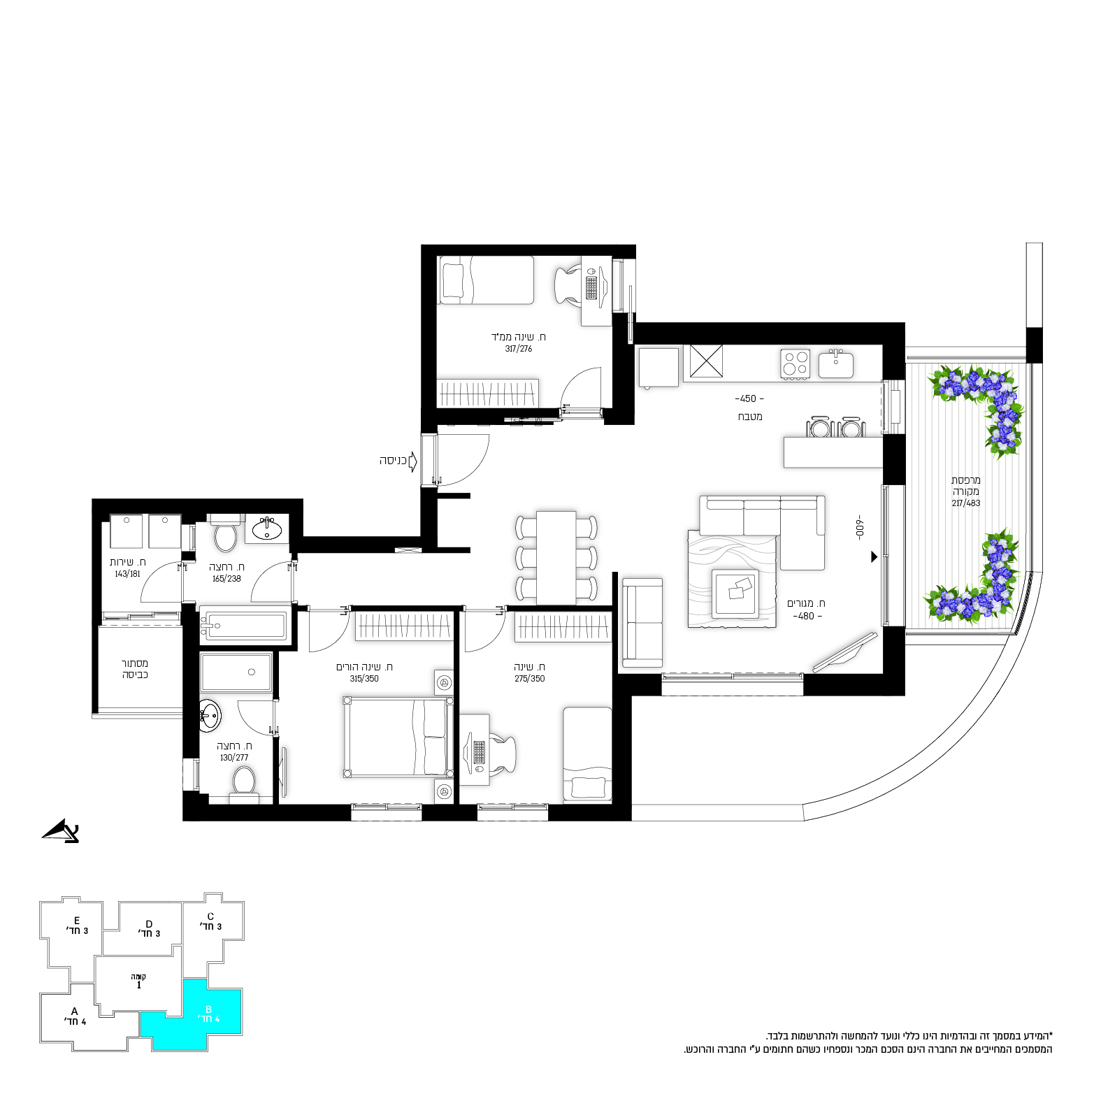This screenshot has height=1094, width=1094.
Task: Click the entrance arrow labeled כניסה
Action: (412, 461)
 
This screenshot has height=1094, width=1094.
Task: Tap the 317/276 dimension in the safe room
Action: (519, 349)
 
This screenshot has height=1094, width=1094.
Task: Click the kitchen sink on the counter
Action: (836, 364)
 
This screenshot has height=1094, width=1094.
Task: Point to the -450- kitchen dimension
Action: (749, 399)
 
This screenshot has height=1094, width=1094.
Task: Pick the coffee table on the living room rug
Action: (735, 592)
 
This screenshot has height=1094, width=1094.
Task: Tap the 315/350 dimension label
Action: (364, 679)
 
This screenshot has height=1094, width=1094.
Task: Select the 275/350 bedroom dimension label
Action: (530, 679)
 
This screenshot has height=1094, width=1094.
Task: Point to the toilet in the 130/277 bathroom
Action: (244, 783)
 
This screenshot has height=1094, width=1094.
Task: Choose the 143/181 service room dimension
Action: (128, 574)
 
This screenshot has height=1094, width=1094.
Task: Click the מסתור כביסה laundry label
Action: (135, 669)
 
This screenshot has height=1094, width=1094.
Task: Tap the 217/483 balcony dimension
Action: (966, 503)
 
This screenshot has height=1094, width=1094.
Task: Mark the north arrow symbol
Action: (61, 831)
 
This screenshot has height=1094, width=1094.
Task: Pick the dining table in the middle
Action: (556, 557)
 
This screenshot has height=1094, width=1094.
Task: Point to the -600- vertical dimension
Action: (861, 527)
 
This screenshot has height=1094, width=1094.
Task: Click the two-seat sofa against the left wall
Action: (642, 623)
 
